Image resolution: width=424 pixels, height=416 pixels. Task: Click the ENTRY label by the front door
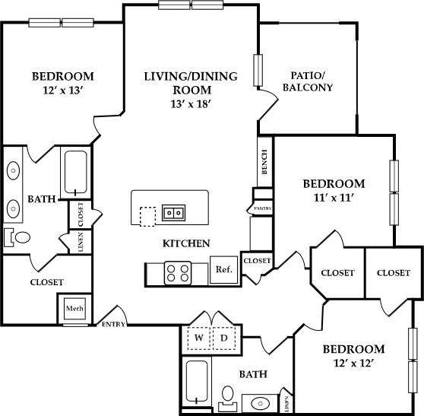click(x=114, y=324)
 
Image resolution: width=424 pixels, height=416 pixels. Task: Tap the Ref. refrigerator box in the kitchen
click(x=223, y=269)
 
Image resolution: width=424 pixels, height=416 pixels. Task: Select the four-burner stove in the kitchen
click(x=178, y=272)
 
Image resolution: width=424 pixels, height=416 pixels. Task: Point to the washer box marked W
click(x=199, y=336)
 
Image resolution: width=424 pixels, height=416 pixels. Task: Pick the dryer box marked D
click(x=225, y=336)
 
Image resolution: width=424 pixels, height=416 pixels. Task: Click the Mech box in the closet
click(x=74, y=309)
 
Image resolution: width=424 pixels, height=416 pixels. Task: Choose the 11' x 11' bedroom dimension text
click(x=334, y=198)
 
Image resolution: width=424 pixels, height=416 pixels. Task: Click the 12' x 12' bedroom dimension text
click(x=353, y=364)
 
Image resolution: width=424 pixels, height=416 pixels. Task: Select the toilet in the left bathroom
click(x=19, y=237)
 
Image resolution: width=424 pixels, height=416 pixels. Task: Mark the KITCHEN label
click(x=186, y=244)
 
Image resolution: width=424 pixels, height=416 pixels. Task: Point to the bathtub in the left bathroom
click(x=75, y=173)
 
